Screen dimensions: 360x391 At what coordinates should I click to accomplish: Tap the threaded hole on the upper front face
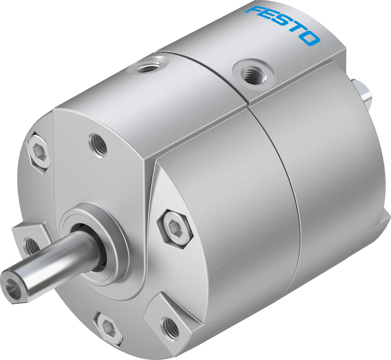pos(98,145)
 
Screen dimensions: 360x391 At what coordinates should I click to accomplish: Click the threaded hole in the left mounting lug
pos(31,244)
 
